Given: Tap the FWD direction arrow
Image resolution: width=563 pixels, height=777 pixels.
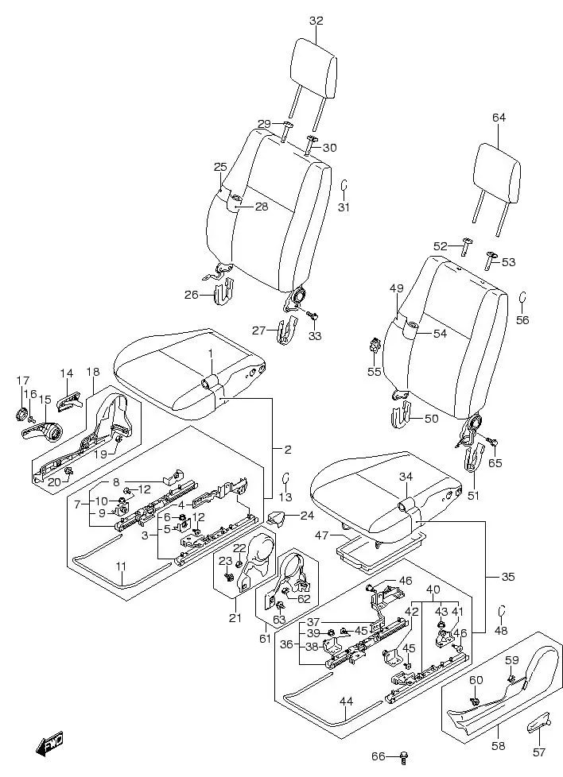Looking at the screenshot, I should point(50,745).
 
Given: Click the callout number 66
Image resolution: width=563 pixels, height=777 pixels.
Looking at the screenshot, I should point(379,756).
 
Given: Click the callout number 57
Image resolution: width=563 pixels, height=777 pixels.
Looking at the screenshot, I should point(539,752).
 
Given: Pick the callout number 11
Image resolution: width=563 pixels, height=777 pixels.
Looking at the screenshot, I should point(121,566).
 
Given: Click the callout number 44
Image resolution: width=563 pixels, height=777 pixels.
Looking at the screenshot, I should point(347,701).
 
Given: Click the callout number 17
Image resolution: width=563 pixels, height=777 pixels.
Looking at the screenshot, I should point(22,381).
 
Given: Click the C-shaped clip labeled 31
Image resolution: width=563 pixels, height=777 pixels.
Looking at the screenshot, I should point(344,186).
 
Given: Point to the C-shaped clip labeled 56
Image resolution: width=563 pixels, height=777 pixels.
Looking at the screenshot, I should point(522,298).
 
